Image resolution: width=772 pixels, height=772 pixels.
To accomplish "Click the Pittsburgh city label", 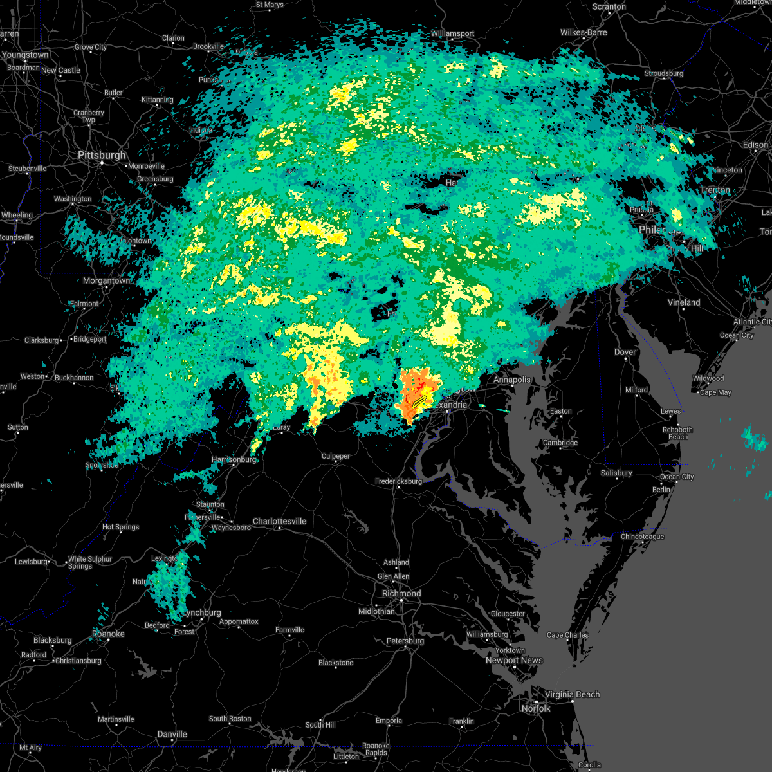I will click(102, 156).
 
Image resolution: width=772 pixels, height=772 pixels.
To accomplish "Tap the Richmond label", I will click(401, 594).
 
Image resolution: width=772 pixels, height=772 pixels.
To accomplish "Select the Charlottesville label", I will click(279, 522).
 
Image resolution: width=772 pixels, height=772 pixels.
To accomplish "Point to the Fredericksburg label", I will click(399, 481).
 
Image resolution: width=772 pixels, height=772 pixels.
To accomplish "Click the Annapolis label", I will click(512, 380).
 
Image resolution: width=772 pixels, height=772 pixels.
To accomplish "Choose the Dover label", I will click(625, 353).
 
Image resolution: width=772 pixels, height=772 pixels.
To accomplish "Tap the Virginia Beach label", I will click(572, 695).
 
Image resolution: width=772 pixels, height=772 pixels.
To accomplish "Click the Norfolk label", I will click(535, 708).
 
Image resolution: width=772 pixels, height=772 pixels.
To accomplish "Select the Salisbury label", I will click(616, 473).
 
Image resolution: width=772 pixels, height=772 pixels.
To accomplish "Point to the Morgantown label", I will click(106, 281).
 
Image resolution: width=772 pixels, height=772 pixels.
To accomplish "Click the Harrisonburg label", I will click(234, 459).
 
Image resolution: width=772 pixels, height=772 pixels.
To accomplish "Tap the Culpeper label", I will click(336, 457).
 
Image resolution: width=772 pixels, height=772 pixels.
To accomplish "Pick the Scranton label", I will click(609, 7).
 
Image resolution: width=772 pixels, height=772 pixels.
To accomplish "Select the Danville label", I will click(172, 734).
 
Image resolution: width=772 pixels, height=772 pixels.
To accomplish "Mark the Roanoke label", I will click(108, 634).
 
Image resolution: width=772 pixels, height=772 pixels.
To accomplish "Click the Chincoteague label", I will click(642, 537).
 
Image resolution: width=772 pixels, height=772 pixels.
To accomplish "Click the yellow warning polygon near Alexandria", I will click(419, 402).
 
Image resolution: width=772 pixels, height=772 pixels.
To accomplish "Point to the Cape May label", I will click(715, 392).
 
